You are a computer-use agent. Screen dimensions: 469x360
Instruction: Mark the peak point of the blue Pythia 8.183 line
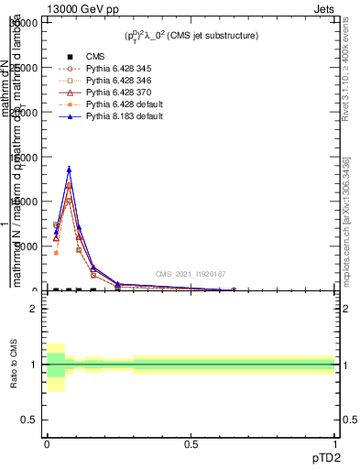pos(69,169)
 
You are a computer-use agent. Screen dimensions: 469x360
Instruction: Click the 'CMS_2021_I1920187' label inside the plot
pos(190,274)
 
